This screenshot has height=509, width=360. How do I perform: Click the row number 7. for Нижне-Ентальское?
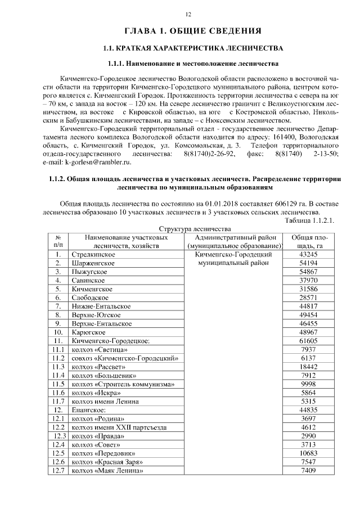coord(58,306)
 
